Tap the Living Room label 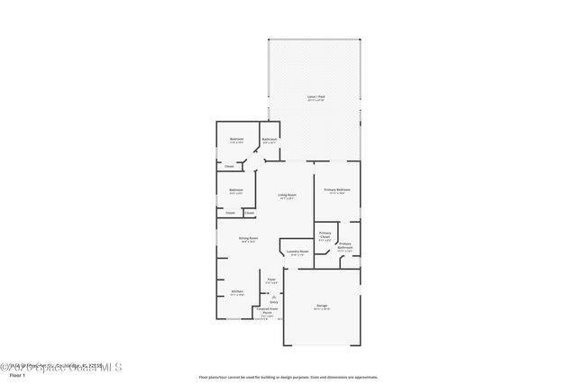[x=287, y=195]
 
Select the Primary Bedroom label [x=337, y=189]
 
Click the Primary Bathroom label [x=344, y=245]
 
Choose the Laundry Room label [x=298, y=252]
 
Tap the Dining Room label [x=248, y=238]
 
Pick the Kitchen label [x=237, y=291]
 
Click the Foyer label [x=270, y=280]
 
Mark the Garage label [x=322, y=306]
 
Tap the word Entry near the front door [x=273, y=302]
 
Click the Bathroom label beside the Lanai [x=270, y=139]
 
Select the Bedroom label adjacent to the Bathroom [x=236, y=139]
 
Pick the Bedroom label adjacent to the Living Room [x=235, y=189]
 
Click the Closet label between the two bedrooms [x=229, y=166]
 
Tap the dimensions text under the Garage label [x=322, y=309]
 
